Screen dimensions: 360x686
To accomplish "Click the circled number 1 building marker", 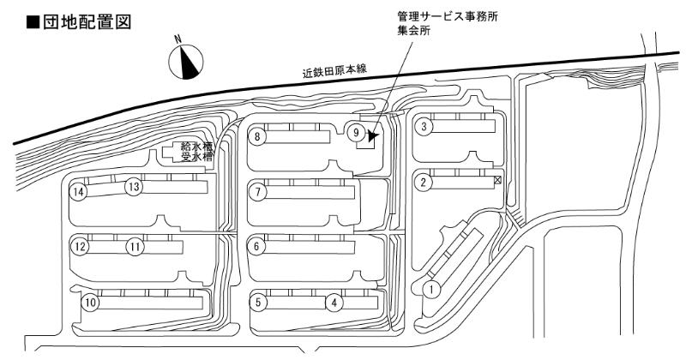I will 432,289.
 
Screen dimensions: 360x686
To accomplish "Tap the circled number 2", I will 423,182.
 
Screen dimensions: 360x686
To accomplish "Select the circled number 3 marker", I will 424,127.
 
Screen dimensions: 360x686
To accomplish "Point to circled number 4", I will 335,302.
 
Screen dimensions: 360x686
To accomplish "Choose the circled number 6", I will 258,247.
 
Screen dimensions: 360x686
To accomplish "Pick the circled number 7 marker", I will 258,192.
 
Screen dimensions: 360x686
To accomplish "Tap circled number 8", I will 258,135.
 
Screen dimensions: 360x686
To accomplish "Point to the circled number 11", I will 135,247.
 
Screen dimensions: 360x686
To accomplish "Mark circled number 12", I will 81,247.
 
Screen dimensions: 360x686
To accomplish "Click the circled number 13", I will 133,186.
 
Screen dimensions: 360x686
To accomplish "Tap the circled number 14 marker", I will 80,192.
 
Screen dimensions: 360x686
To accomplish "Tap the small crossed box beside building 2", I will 496,181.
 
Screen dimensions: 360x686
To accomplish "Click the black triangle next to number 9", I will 372,135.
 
